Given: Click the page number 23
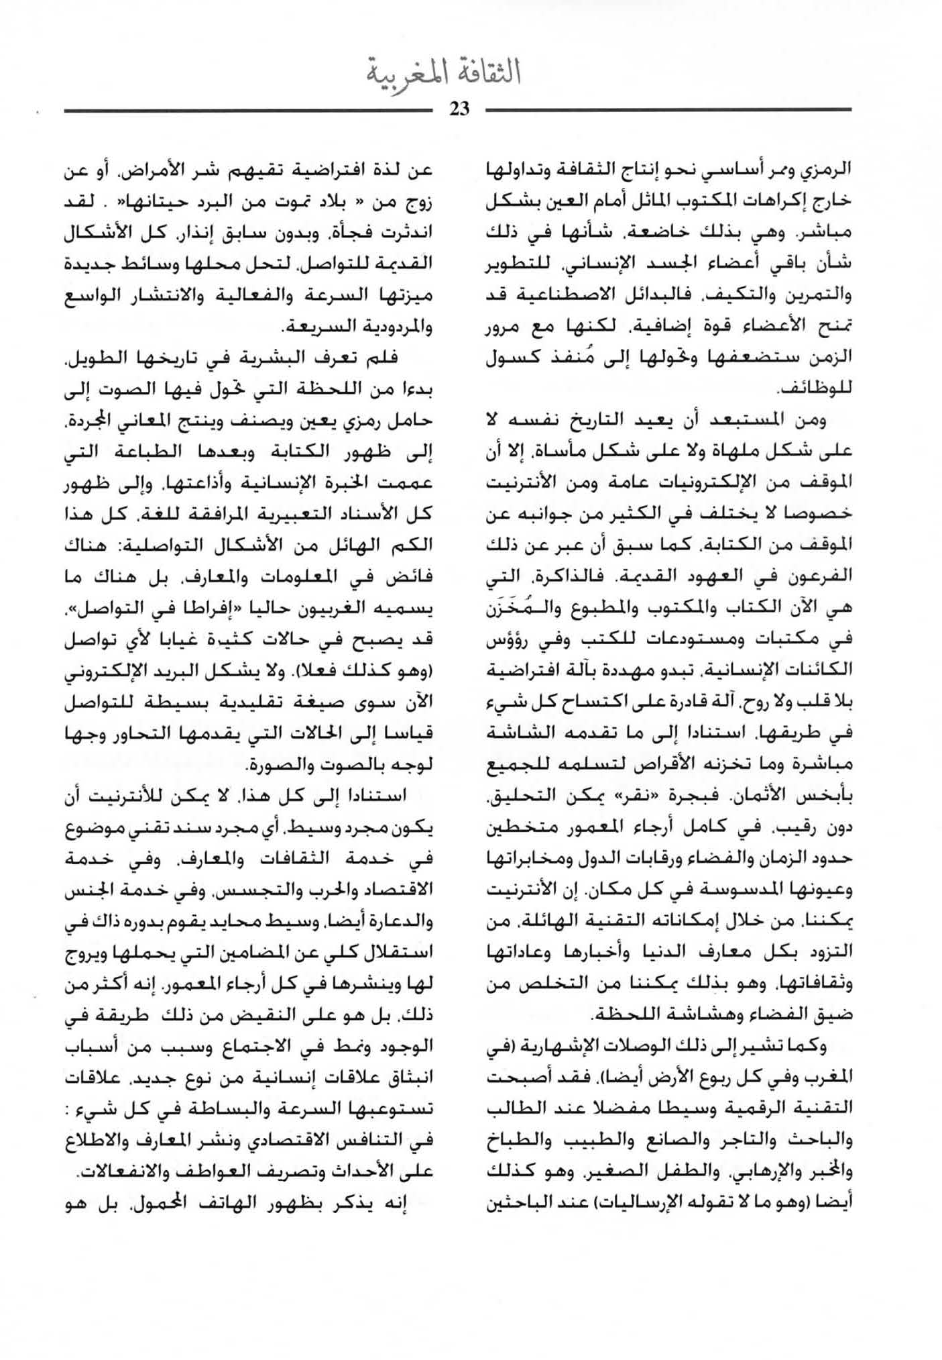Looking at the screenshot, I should click(x=459, y=109).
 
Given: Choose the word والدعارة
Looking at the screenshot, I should click(x=402, y=923).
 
